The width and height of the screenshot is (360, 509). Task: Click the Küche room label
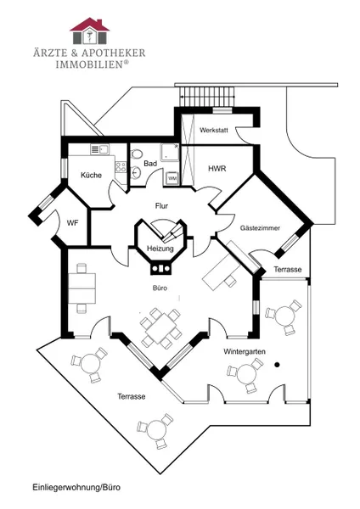tap(91, 175)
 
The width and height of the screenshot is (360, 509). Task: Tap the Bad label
tap(150, 163)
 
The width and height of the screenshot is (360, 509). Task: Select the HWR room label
tap(217, 169)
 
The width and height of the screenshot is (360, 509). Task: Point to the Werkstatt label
tap(213, 130)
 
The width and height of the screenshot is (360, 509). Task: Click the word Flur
tap(161, 206)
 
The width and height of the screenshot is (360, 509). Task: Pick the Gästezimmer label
tap(260, 228)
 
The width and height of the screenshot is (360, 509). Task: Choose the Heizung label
tap(160, 249)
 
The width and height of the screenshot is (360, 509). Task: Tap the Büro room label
tap(160, 288)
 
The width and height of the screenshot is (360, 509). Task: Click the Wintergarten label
tap(245, 351)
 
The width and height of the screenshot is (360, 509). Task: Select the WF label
tap(72, 223)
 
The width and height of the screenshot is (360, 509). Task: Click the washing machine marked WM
tap(172, 178)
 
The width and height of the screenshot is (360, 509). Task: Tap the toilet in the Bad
tap(137, 154)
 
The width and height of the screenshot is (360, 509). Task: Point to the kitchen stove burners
tap(121, 167)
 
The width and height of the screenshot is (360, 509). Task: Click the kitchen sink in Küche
tap(99, 149)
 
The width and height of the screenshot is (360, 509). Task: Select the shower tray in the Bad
tap(169, 153)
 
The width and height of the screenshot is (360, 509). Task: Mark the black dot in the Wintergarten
tap(277, 365)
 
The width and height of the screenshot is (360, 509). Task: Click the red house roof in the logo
tap(90, 25)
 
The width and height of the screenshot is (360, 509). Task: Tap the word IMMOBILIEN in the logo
tap(90, 64)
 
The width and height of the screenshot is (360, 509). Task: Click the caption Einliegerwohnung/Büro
tap(76, 487)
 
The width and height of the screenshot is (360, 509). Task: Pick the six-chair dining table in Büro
tap(160, 327)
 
